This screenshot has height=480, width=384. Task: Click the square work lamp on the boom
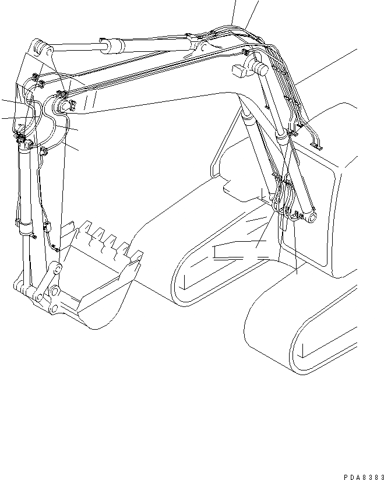pyautogui.click(x=239, y=72)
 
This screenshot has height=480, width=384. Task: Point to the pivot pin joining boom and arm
pyautogui.click(x=62, y=105)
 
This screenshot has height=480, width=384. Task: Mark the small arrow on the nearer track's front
pyautogui.click(x=303, y=350)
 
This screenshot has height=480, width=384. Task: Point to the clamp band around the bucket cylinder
pyautogui.click(x=24, y=220)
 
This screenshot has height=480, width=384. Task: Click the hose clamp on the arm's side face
pyautogui.click(x=43, y=152)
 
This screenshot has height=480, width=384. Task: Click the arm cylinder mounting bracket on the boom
pyautogui.click(x=198, y=47)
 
